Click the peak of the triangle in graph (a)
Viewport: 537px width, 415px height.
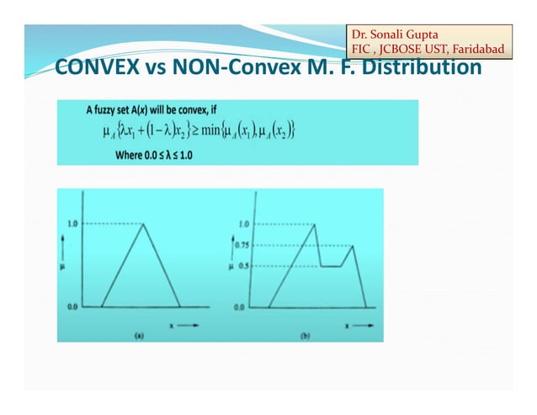(145, 225)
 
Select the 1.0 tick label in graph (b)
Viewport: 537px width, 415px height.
(244, 224)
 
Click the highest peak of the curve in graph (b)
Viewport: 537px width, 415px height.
(315, 224)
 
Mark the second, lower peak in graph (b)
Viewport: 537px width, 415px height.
(353, 246)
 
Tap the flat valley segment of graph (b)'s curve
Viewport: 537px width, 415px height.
(331, 266)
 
